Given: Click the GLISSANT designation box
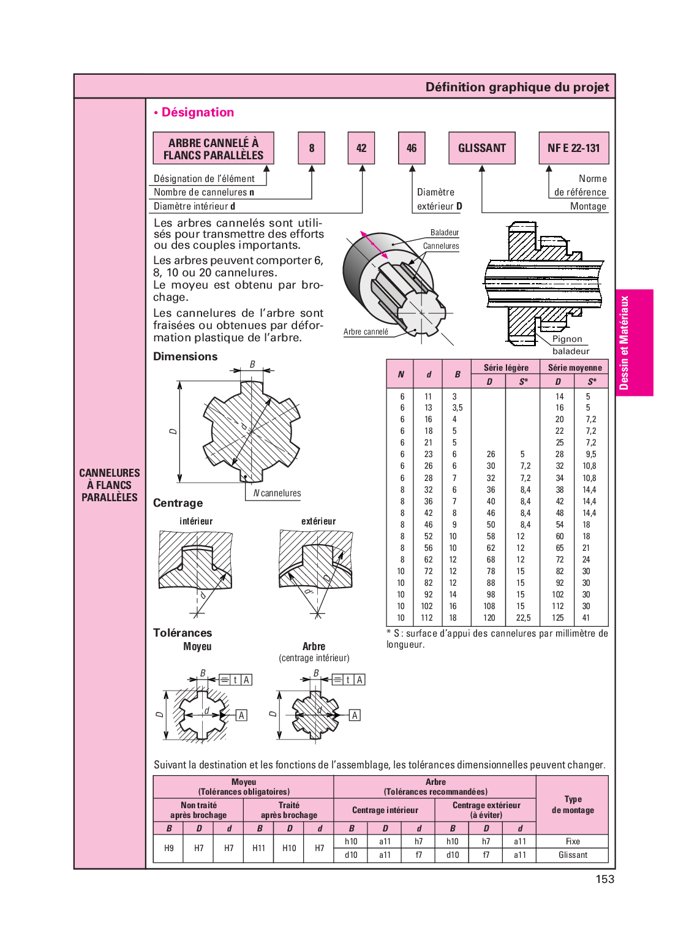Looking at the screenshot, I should [x=482, y=148].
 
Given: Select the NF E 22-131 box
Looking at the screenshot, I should [x=574, y=148].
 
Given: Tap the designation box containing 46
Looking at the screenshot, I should [x=412, y=148].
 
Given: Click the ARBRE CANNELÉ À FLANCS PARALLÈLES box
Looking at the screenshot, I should [x=213, y=148].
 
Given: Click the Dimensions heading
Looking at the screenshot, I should [x=185, y=357].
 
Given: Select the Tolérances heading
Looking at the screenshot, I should [x=183, y=633].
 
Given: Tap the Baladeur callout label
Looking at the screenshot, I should [x=445, y=233].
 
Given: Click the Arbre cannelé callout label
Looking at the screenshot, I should [x=366, y=332].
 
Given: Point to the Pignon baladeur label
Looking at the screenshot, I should [x=569, y=345].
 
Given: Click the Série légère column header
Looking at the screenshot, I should [x=506, y=368].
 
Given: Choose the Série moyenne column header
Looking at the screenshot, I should [x=574, y=368].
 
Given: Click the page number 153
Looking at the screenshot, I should [x=604, y=879].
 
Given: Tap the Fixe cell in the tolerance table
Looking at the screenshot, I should [x=573, y=841].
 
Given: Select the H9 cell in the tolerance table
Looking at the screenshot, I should [x=169, y=848].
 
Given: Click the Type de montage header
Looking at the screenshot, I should [x=573, y=805].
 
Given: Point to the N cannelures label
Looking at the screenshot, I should [x=277, y=493].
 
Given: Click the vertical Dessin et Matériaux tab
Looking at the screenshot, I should [x=624, y=343].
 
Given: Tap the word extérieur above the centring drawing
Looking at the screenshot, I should [x=318, y=521].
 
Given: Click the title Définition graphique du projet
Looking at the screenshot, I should [x=517, y=87].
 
